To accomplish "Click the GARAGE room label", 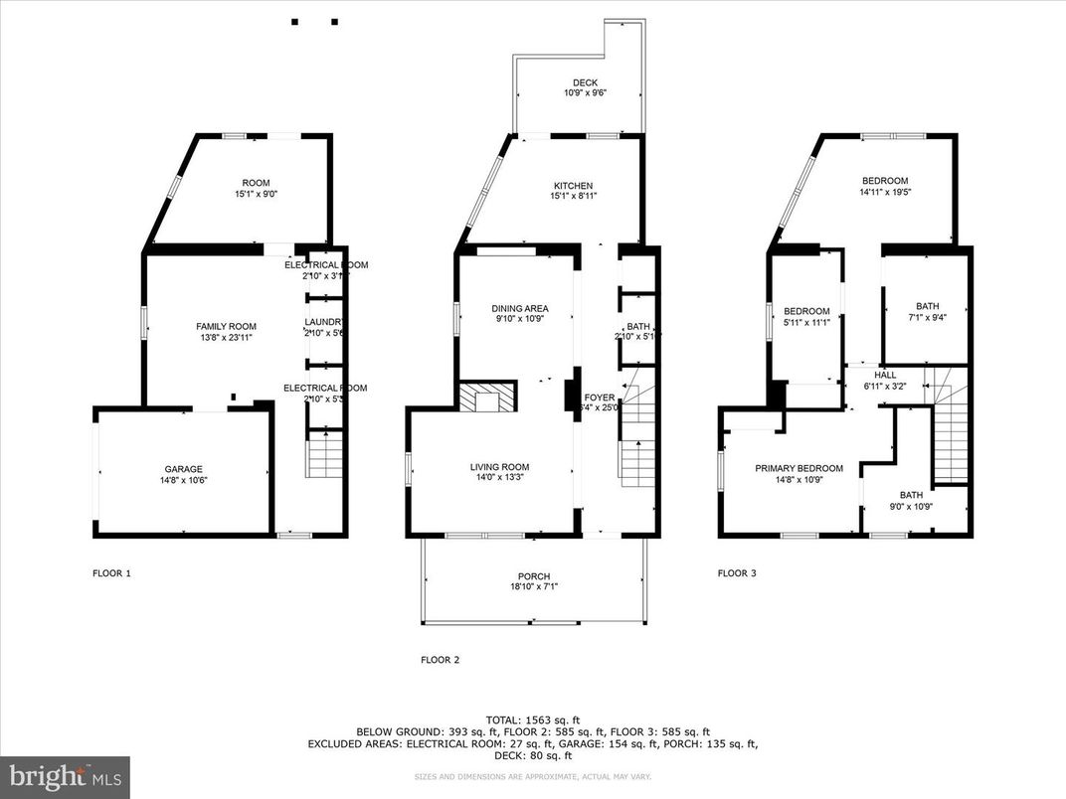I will pyautogui.click(x=184, y=469).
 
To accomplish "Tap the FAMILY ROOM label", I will pyautogui.click(x=226, y=326).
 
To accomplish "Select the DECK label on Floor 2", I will pyautogui.click(x=585, y=82).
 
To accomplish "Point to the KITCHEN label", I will pyautogui.click(x=573, y=186).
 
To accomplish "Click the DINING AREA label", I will pyautogui.click(x=520, y=308).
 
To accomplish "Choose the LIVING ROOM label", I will pyautogui.click(x=499, y=467).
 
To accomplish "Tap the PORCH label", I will pyautogui.click(x=533, y=576).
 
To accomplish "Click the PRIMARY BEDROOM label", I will pyautogui.click(x=799, y=468).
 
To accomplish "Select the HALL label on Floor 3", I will pyautogui.click(x=884, y=375).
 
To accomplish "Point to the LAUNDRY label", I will pyautogui.click(x=323, y=322).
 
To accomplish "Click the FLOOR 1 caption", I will pyautogui.click(x=111, y=573).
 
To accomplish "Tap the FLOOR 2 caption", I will pyautogui.click(x=440, y=659).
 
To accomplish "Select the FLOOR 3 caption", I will pyautogui.click(x=737, y=573).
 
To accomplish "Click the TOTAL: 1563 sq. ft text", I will pyautogui.click(x=533, y=719).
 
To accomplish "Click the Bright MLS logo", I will pyautogui.click(x=65, y=776).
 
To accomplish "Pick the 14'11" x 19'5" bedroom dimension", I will pyautogui.click(x=884, y=193).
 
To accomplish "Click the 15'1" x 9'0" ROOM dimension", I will pyautogui.click(x=256, y=195).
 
